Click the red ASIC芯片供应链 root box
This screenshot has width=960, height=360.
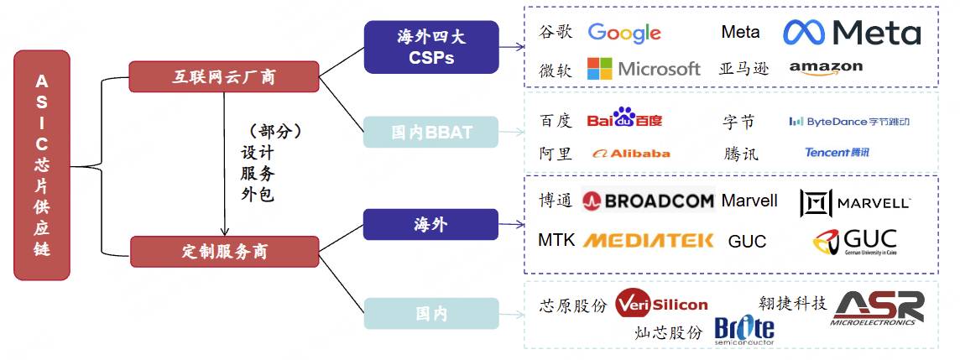pyautogui.click(x=42, y=164)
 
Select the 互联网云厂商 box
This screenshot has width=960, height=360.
pyautogui.click(x=223, y=77)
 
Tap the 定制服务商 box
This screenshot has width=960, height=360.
pyautogui.click(x=224, y=251)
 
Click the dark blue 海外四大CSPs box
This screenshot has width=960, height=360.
pyautogui.click(x=430, y=47)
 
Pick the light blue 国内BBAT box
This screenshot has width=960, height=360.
pyautogui.click(x=430, y=133)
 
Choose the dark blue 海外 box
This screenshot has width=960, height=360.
pyautogui.click(x=430, y=225)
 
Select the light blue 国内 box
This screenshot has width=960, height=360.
pyautogui.click(x=430, y=314)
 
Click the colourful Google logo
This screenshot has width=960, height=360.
pyautogui.click(x=624, y=34)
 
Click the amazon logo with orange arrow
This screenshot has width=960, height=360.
pyautogui.click(x=826, y=68)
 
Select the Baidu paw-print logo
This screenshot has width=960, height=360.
pyautogui.click(x=624, y=119)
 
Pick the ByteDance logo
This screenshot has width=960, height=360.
pyautogui.click(x=848, y=122)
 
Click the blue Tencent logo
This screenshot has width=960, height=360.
pyautogui.click(x=837, y=153)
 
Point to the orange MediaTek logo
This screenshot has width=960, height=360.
pyautogui.click(x=648, y=241)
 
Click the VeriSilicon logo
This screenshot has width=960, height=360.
pyautogui.click(x=661, y=305)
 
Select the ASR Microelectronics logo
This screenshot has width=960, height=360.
pyautogui.click(x=878, y=308)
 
